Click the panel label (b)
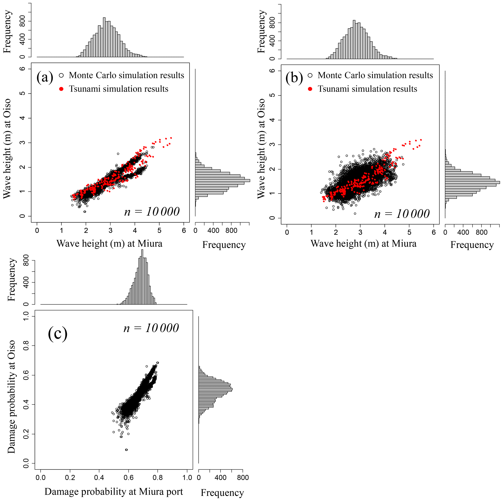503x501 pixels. point(294,77)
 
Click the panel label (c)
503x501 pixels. point(57,334)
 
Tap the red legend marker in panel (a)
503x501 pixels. point(61,89)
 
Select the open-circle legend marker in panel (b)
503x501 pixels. point(310,75)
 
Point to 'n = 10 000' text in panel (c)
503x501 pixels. point(151,328)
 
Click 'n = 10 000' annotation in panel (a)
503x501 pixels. point(152,212)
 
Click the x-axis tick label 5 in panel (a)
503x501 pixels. point(159,231)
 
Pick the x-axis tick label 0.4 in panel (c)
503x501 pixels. point(99,478)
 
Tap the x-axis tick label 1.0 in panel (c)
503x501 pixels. point(187,478)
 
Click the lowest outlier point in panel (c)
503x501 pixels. point(127,450)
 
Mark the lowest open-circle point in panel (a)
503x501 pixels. point(85,212)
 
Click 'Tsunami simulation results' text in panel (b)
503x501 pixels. point(367,89)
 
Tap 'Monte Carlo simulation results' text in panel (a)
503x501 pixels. point(126,75)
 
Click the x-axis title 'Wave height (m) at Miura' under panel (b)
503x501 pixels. point(364,244)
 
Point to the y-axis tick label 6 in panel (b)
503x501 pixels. point(272,71)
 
